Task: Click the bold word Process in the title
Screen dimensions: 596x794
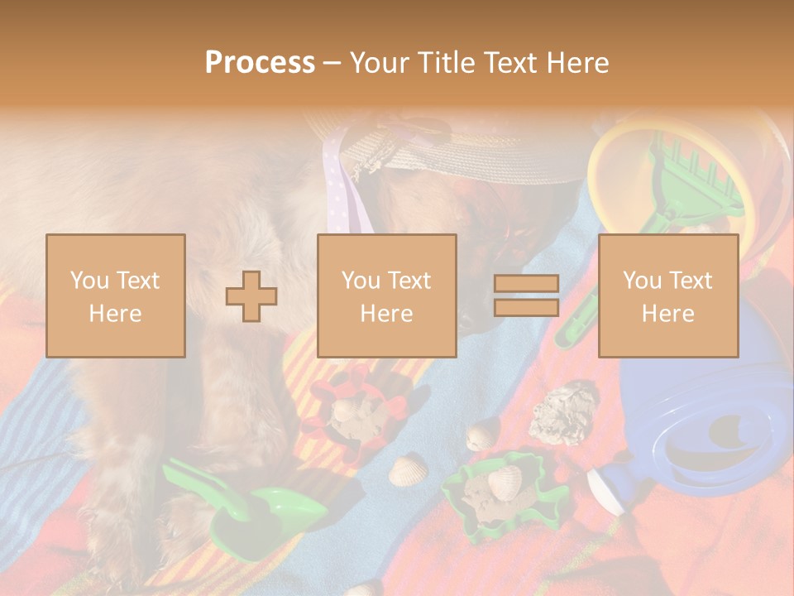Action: pos(260,62)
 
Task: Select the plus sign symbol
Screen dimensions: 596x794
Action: pos(251,296)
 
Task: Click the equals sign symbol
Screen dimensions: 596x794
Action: pos(526,296)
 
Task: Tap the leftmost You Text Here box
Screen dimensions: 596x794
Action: pos(116,296)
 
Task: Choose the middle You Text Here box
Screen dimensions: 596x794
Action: pos(386,296)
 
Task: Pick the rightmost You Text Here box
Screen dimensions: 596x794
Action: pos(667,296)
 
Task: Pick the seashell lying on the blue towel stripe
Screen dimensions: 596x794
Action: pos(405,472)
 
